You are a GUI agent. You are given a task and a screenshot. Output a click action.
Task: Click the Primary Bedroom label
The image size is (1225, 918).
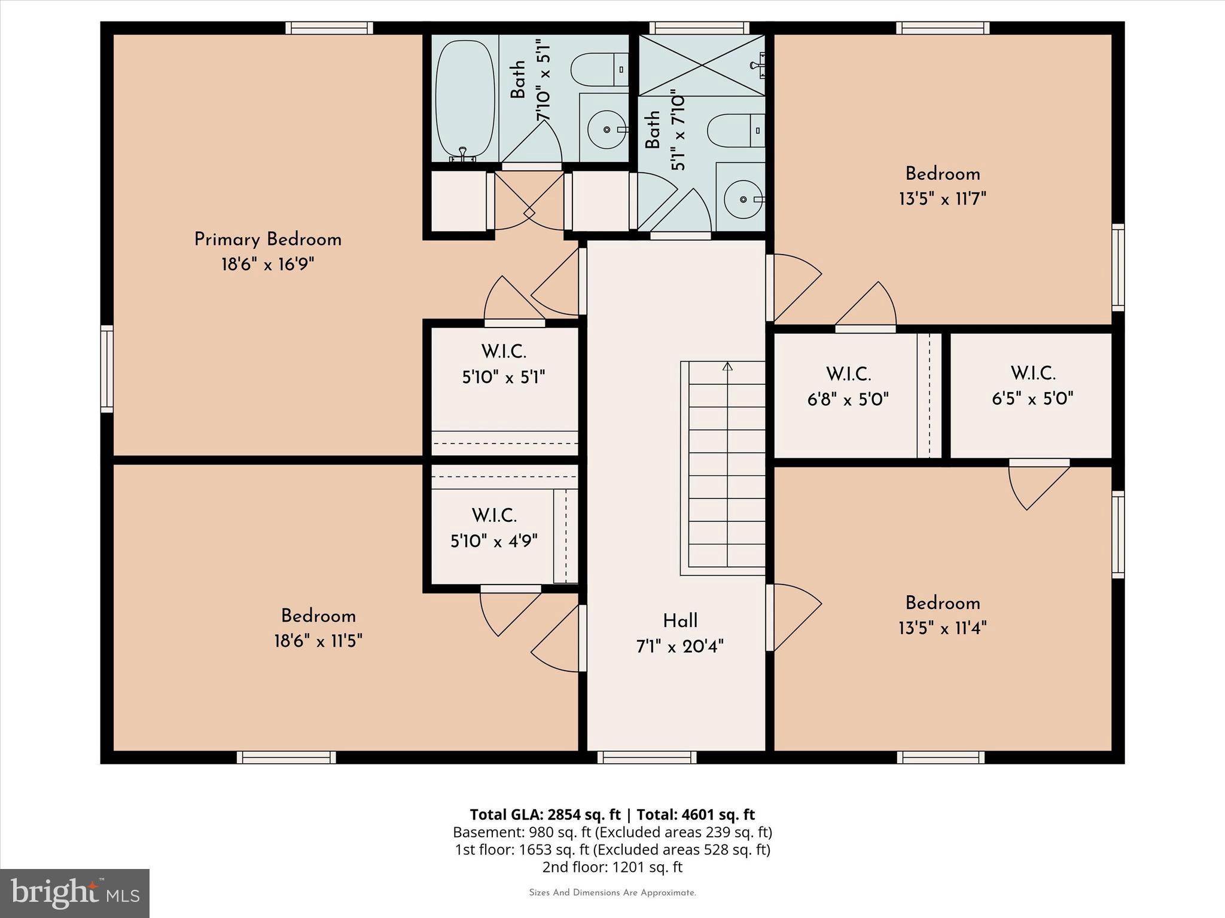click(x=267, y=240)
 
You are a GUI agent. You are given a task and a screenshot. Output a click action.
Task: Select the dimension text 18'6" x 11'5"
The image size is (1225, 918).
click(x=318, y=641)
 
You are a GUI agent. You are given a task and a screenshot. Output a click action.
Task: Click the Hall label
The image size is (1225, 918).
click(x=680, y=621)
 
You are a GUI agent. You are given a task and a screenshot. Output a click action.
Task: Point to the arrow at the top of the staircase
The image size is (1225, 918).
click(x=727, y=366)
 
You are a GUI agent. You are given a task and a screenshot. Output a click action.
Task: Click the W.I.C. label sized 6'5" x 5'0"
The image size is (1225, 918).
click(x=1032, y=374)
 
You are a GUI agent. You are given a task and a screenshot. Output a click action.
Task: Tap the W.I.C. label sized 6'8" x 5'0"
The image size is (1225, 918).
click(x=848, y=374)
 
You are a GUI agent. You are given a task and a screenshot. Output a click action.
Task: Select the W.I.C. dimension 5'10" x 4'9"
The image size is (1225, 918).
click(x=493, y=541)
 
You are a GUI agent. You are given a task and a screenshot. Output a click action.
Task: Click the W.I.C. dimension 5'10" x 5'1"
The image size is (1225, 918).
click(x=504, y=378)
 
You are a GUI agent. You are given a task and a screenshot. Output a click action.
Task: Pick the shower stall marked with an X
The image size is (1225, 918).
click(x=701, y=65)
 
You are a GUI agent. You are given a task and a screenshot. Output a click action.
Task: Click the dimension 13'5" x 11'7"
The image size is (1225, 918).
click(x=942, y=198)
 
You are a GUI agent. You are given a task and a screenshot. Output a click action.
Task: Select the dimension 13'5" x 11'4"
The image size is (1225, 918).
click(x=942, y=628)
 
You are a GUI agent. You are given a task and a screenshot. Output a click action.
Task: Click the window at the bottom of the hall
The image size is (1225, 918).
click(x=647, y=757)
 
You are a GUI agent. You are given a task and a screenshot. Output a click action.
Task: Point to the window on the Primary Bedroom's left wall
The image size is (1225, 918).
click(x=106, y=369)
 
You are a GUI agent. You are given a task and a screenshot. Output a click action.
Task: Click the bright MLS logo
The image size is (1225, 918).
click(x=74, y=893)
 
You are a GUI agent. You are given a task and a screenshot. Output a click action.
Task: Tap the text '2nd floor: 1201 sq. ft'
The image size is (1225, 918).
click(x=612, y=867)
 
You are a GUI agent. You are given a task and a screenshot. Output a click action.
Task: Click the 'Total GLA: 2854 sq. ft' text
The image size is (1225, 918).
click(x=545, y=815)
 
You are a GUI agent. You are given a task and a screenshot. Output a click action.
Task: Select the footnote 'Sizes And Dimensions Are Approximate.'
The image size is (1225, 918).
click(x=612, y=892)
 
